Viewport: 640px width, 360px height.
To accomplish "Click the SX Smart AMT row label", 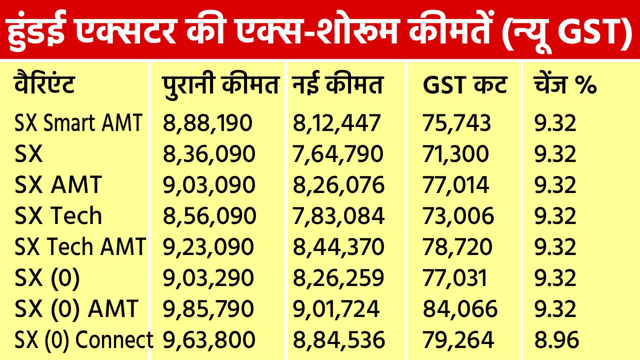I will click(x=78, y=123).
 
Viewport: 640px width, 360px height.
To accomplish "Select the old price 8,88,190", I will click(x=208, y=123).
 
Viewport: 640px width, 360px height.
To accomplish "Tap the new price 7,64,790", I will click(x=338, y=154).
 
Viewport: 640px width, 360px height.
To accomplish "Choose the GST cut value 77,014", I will click(x=455, y=185).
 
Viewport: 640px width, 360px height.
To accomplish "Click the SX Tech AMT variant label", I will click(x=80, y=247).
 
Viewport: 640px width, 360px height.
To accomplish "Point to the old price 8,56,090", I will click(x=209, y=216).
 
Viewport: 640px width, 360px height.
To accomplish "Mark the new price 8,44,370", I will click(x=338, y=247).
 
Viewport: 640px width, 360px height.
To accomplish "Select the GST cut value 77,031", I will click(x=455, y=278).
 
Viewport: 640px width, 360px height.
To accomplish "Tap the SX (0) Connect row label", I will click(x=83, y=340).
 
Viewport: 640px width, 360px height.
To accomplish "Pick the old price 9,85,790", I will click(x=208, y=309).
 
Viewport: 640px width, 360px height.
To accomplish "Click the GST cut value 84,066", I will click(x=460, y=309).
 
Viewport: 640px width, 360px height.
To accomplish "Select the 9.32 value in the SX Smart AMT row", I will click(x=555, y=123).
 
